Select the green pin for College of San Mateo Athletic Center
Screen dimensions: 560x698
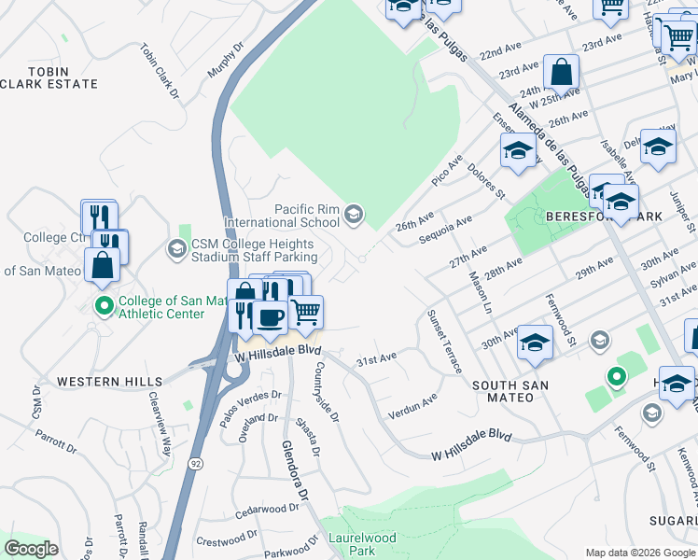[x=104, y=304]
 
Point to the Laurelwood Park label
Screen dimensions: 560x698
[x=362, y=544]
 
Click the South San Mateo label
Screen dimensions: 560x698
[x=502, y=391]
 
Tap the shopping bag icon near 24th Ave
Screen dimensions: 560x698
[x=562, y=71]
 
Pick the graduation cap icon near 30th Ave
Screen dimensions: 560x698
[x=536, y=342]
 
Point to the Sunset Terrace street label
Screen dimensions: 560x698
[x=444, y=341]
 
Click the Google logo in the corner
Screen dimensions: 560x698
[x=32, y=549]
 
